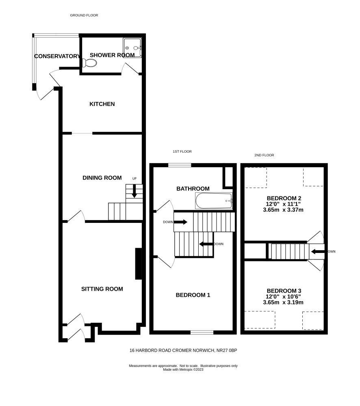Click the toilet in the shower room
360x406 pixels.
[x=89, y=63]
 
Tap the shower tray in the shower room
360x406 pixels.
[x=132, y=48]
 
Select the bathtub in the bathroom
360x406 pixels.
[x=214, y=201]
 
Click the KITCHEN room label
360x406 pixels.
[x=102, y=104]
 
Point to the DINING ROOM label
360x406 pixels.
[x=102, y=178]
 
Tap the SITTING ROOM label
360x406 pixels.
[x=102, y=289]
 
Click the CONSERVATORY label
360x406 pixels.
[x=57, y=56]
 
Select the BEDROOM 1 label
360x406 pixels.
[x=193, y=295]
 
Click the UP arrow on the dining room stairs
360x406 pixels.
[x=134, y=191]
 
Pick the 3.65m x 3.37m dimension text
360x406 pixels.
[x=283, y=210]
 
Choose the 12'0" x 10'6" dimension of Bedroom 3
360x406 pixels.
[x=283, y=297]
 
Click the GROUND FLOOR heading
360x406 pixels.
[x=84, y=15]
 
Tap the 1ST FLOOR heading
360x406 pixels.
[x=182, y=151]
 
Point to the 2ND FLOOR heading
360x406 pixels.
[x=264, y=155]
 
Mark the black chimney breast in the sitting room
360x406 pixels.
[x=139, y=264]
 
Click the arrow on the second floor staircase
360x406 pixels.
[x=317, y=251]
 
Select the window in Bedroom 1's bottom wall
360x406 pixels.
[x=202, y=332]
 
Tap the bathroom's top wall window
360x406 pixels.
[x=180, y=165]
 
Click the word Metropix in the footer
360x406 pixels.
[x=186, y=370]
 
